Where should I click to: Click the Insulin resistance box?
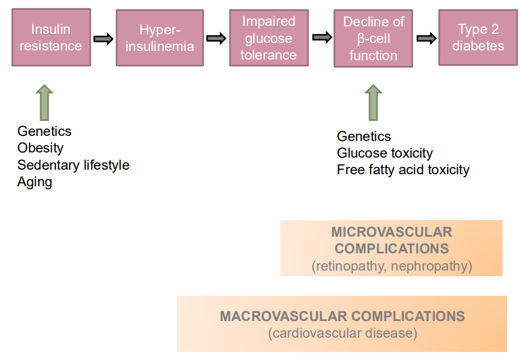51,37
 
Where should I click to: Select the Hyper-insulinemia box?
160,38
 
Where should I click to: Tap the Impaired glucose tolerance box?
269,38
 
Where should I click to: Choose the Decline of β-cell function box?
373,38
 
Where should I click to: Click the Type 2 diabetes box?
478,37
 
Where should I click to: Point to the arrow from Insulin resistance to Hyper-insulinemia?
103,38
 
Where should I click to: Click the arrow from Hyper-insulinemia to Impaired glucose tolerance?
216,38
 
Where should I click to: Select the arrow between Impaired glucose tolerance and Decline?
322,38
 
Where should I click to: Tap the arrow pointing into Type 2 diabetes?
426,38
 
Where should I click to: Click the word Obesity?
40,148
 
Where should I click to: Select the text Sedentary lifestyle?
73,165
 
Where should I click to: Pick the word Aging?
34,182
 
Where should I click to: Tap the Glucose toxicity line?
384,153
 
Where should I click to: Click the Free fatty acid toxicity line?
403,170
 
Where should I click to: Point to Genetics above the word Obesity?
44,131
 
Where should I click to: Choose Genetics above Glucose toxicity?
364,136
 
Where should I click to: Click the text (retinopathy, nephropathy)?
391,266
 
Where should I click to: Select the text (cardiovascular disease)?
342,333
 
